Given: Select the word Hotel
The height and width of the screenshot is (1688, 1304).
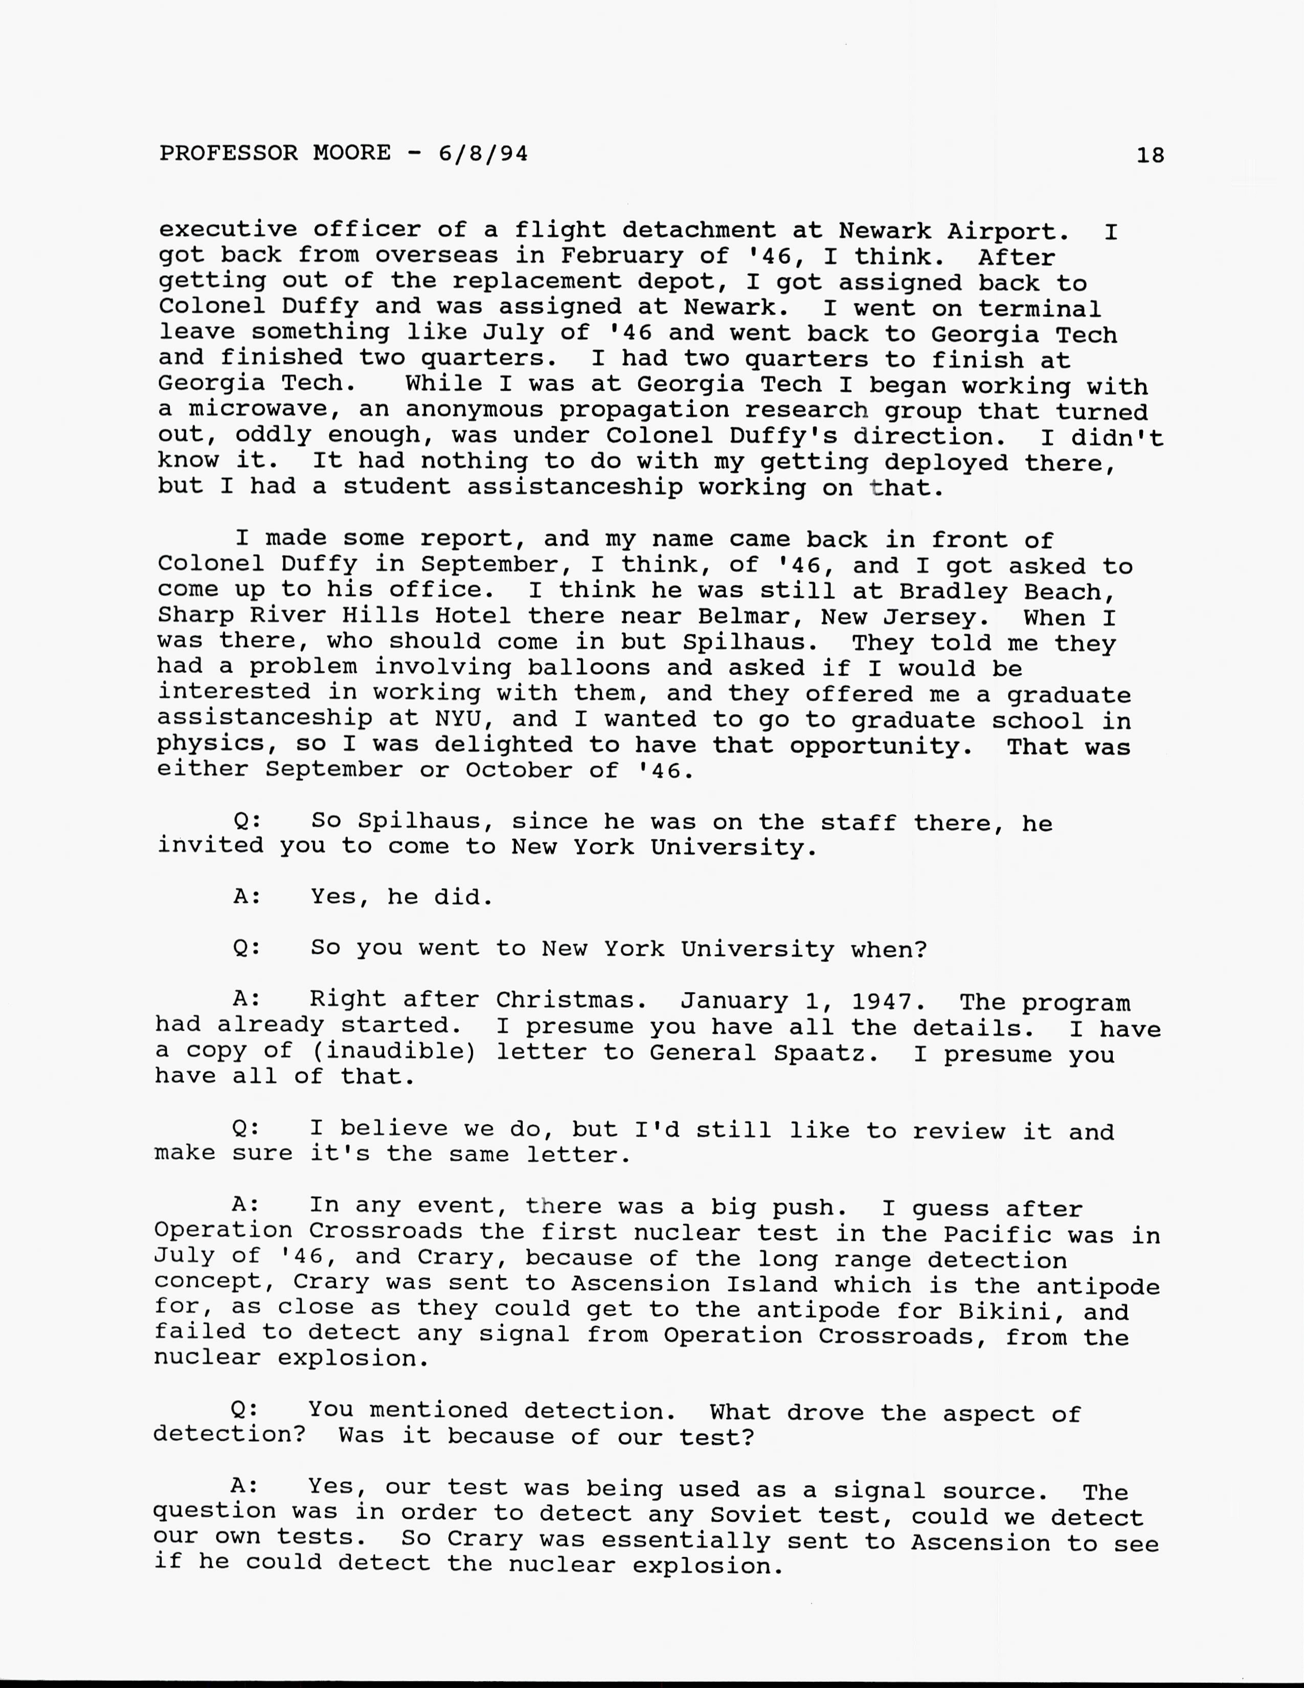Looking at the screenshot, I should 473,616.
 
